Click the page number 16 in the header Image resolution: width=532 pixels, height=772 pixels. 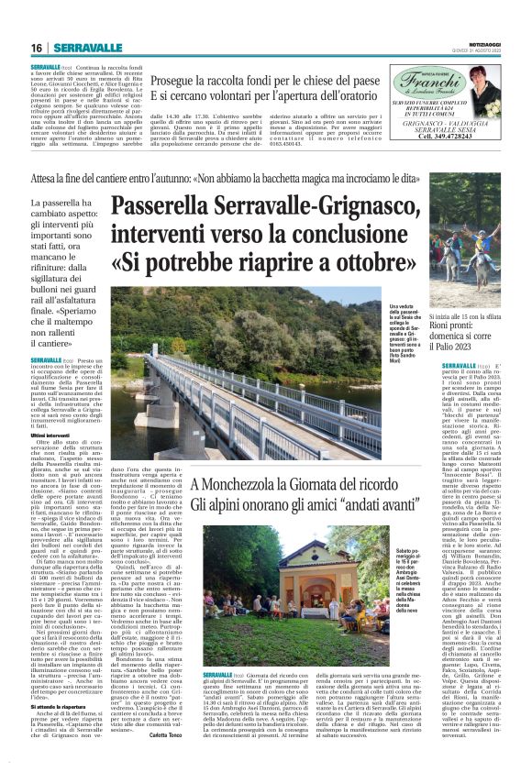pos(36,48)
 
